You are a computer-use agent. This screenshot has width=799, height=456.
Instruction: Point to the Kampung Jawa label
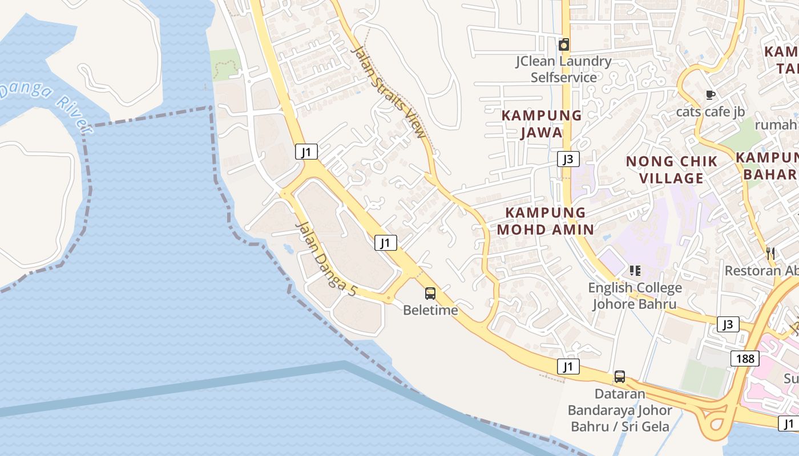coord(541,124)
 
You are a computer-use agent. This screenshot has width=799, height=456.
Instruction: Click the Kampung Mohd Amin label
coord(546,221)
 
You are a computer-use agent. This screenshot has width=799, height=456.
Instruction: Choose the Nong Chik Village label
coord(672,170)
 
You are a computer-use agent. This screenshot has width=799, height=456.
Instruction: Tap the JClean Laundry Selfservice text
coord(564,69)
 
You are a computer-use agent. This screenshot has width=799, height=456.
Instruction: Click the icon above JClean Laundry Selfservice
coord(564,44)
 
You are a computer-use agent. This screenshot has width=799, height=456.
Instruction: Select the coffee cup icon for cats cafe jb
coord(710,95)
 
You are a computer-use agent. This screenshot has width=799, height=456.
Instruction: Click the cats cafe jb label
coord(710,112)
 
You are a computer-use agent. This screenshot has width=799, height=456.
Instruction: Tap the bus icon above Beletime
coord(430,294)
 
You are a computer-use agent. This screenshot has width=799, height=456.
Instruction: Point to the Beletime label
coord(430,310)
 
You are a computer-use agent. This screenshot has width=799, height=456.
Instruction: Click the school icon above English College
coord(635,271)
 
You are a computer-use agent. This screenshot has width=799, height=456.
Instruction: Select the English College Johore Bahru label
coord(635,296)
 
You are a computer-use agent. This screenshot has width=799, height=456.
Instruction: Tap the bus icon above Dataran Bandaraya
coord(619,377)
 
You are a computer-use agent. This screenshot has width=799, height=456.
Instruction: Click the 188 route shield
coord(745,359)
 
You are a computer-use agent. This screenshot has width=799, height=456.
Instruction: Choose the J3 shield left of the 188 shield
coord(728,324)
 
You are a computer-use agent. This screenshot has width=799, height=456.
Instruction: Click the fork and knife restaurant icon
coord(770,253)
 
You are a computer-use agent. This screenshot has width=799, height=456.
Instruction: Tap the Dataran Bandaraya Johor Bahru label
coord(620,410)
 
